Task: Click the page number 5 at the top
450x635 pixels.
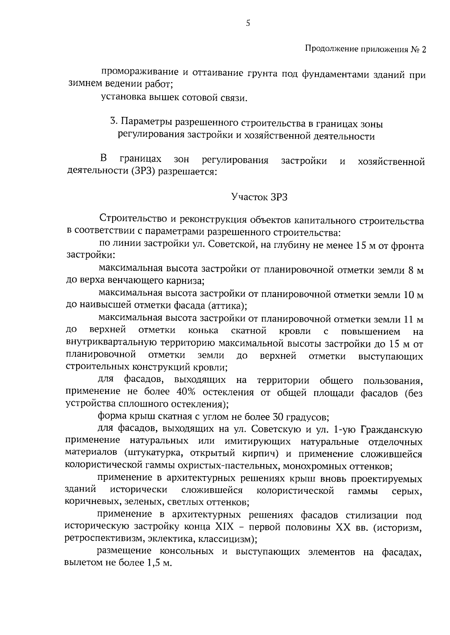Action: pyautogui.click(x=248, y=23)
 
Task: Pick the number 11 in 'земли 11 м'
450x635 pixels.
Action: pyautogui.click(x=408, y=319)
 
